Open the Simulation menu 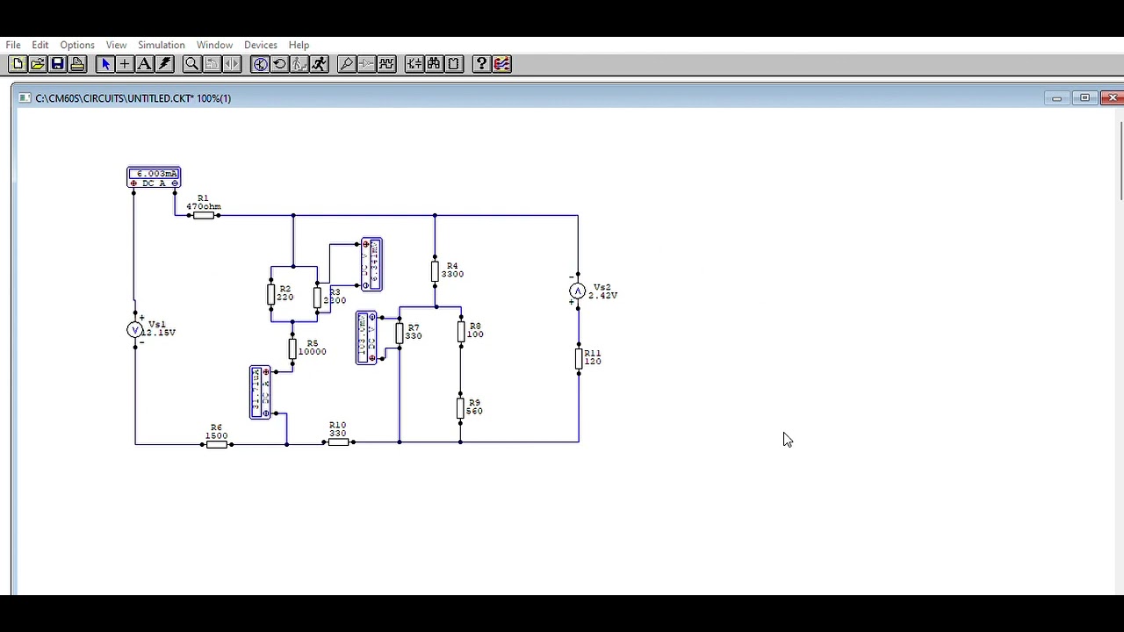(x=161, y=45)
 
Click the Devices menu (x=260, y=45)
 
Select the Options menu (x=77, y=45)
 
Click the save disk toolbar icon (x=57, y=64)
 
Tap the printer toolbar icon (x=77, y=64)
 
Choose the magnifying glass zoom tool (x=191, y=64)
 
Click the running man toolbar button (x=319, y=64)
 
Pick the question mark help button (x=481, y=64)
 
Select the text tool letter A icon (x=144, y=64)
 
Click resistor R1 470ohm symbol (x=204, y=215)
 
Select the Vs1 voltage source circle (x=134, y=330)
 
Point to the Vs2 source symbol (x=577, y=291)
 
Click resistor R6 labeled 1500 (x=217, y=444)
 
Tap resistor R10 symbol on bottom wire (x=338, y=442)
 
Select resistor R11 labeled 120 (x=579, y=357)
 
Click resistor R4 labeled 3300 (x=435, y=271)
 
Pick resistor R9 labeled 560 (x=460, y=408)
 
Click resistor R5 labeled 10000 (x=292, y=349)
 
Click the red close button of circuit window (x=1113, y=97)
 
